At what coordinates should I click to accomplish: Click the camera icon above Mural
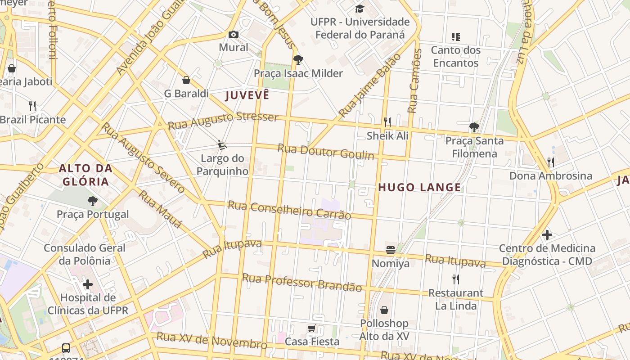233,34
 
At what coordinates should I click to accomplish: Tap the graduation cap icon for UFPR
360,9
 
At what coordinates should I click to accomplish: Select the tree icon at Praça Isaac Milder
298,60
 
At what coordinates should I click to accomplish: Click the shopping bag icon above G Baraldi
186,80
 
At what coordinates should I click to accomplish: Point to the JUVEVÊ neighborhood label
247,95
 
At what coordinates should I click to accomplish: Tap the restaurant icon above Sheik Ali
387,122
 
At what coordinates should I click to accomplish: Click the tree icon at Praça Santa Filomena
474,127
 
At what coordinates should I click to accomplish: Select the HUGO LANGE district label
419,188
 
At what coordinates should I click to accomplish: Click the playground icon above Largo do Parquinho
222,144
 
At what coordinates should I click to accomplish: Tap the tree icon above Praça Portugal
93,201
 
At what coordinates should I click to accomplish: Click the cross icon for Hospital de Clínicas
88,284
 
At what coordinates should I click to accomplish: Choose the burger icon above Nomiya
390,250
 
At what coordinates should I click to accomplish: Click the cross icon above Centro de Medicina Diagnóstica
547,234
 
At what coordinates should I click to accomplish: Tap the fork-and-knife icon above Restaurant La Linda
456,279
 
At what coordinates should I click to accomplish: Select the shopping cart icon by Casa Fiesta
312,328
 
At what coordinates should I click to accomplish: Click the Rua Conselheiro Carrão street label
289,210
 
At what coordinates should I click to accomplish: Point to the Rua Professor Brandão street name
301,283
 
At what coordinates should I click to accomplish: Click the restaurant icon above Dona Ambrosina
550,162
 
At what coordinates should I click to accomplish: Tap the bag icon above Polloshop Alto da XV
384,310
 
